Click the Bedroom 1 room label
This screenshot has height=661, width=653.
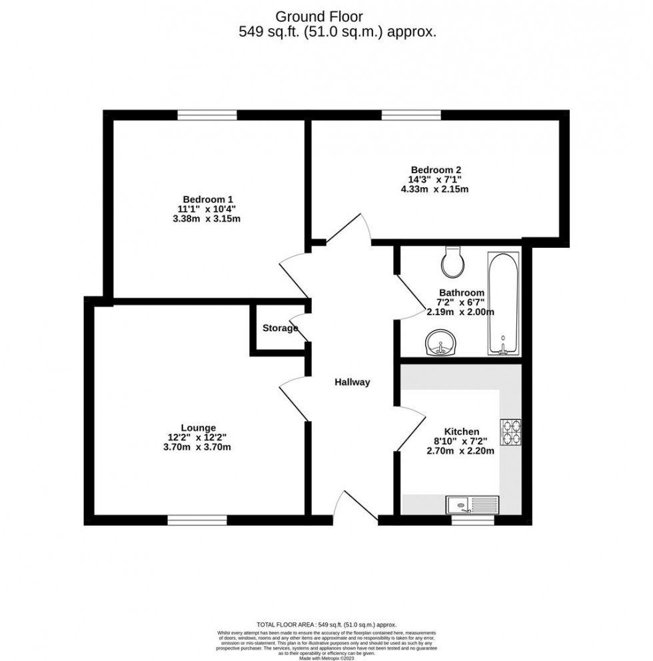point(207,199)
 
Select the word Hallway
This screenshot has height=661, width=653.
point(351,382)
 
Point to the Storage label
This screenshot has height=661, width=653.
point(280,328)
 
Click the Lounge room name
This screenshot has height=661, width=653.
point(198,428)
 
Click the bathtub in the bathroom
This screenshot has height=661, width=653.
point(504,303)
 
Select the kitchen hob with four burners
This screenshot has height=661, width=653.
point(511,430)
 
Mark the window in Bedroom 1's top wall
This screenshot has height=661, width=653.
point(207,115)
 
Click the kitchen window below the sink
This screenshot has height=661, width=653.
point(472,520)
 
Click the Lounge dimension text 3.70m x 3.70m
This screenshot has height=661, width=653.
point(198,448)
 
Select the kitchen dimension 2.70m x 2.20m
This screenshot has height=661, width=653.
point(460,450)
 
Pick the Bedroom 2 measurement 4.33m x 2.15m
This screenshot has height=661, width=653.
point(435,189)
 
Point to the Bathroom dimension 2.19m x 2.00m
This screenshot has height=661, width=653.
point(461,312)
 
